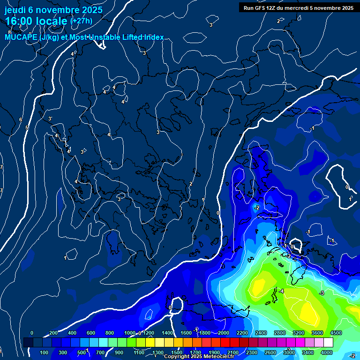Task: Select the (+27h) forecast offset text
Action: point(82,21)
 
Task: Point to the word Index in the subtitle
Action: point(153,37)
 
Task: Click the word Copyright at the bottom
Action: point(177,357)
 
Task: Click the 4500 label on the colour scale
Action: point(336,333)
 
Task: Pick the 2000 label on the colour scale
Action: point(224,333)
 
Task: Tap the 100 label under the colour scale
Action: point(45,352)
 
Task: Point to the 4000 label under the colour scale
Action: point(327,352)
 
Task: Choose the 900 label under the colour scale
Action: point(119,352)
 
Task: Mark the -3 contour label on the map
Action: point(322,293)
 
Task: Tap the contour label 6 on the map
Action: point(20,120)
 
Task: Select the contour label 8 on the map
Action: point(9,32)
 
